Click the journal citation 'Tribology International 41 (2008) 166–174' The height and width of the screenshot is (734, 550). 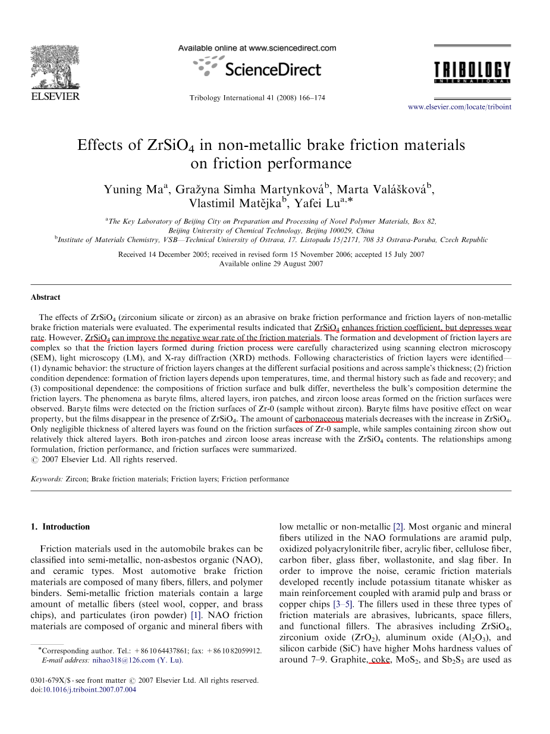[257, 98]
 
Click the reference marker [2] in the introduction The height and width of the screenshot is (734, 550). [399, 526]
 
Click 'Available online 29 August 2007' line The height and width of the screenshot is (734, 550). [271, 264]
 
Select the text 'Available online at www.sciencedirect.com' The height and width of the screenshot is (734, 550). [257, 48]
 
